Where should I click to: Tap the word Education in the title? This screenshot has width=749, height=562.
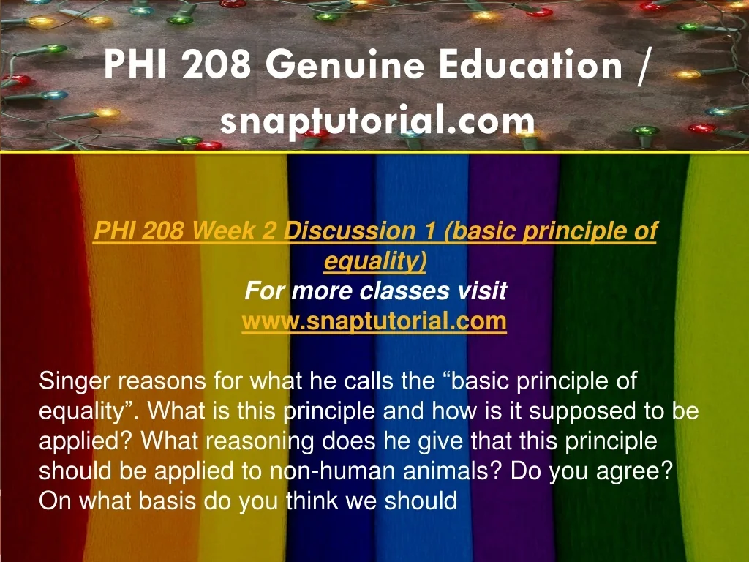tap(531, 65)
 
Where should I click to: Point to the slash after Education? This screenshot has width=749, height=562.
tap(643, 66)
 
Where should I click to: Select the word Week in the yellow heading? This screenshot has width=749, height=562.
tap(223, 231)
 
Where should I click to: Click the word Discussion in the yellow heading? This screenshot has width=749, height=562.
tap(350, 231)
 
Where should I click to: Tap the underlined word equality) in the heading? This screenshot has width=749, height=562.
tap(375, 261)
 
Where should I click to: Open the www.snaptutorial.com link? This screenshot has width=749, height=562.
tap(374, 321)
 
